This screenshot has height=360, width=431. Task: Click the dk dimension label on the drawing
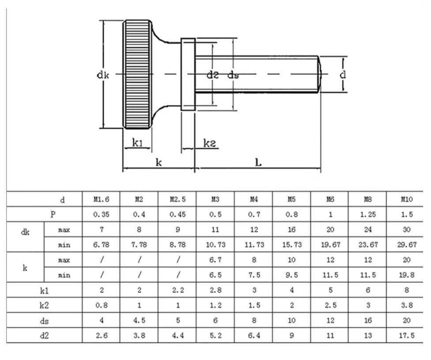point(103,75)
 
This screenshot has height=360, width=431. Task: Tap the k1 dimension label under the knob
point(137,142)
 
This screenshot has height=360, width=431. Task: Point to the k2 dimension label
point(209,142)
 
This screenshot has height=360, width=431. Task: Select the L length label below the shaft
point(259,162)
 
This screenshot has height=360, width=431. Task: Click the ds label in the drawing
point(233,75)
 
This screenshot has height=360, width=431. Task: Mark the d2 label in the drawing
point(213,75)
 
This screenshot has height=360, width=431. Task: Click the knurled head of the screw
point(137,74)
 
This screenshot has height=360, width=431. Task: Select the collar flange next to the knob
point(188,74)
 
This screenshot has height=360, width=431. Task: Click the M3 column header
point(215,199)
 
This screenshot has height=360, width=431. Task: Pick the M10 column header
point(406,199)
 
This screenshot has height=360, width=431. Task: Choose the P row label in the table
point(53,214)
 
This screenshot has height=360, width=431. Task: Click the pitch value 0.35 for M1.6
point(101,214)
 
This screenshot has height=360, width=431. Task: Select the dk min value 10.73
point(215,244)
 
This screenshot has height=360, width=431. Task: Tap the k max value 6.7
point(215,260)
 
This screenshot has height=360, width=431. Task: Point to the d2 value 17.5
point(406,335)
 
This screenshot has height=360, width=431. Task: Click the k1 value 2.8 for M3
point(215,290)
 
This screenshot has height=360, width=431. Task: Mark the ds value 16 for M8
point(368,320)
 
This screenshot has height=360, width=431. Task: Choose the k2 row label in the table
point(45,305)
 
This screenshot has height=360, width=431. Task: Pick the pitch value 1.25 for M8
point(368,214)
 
